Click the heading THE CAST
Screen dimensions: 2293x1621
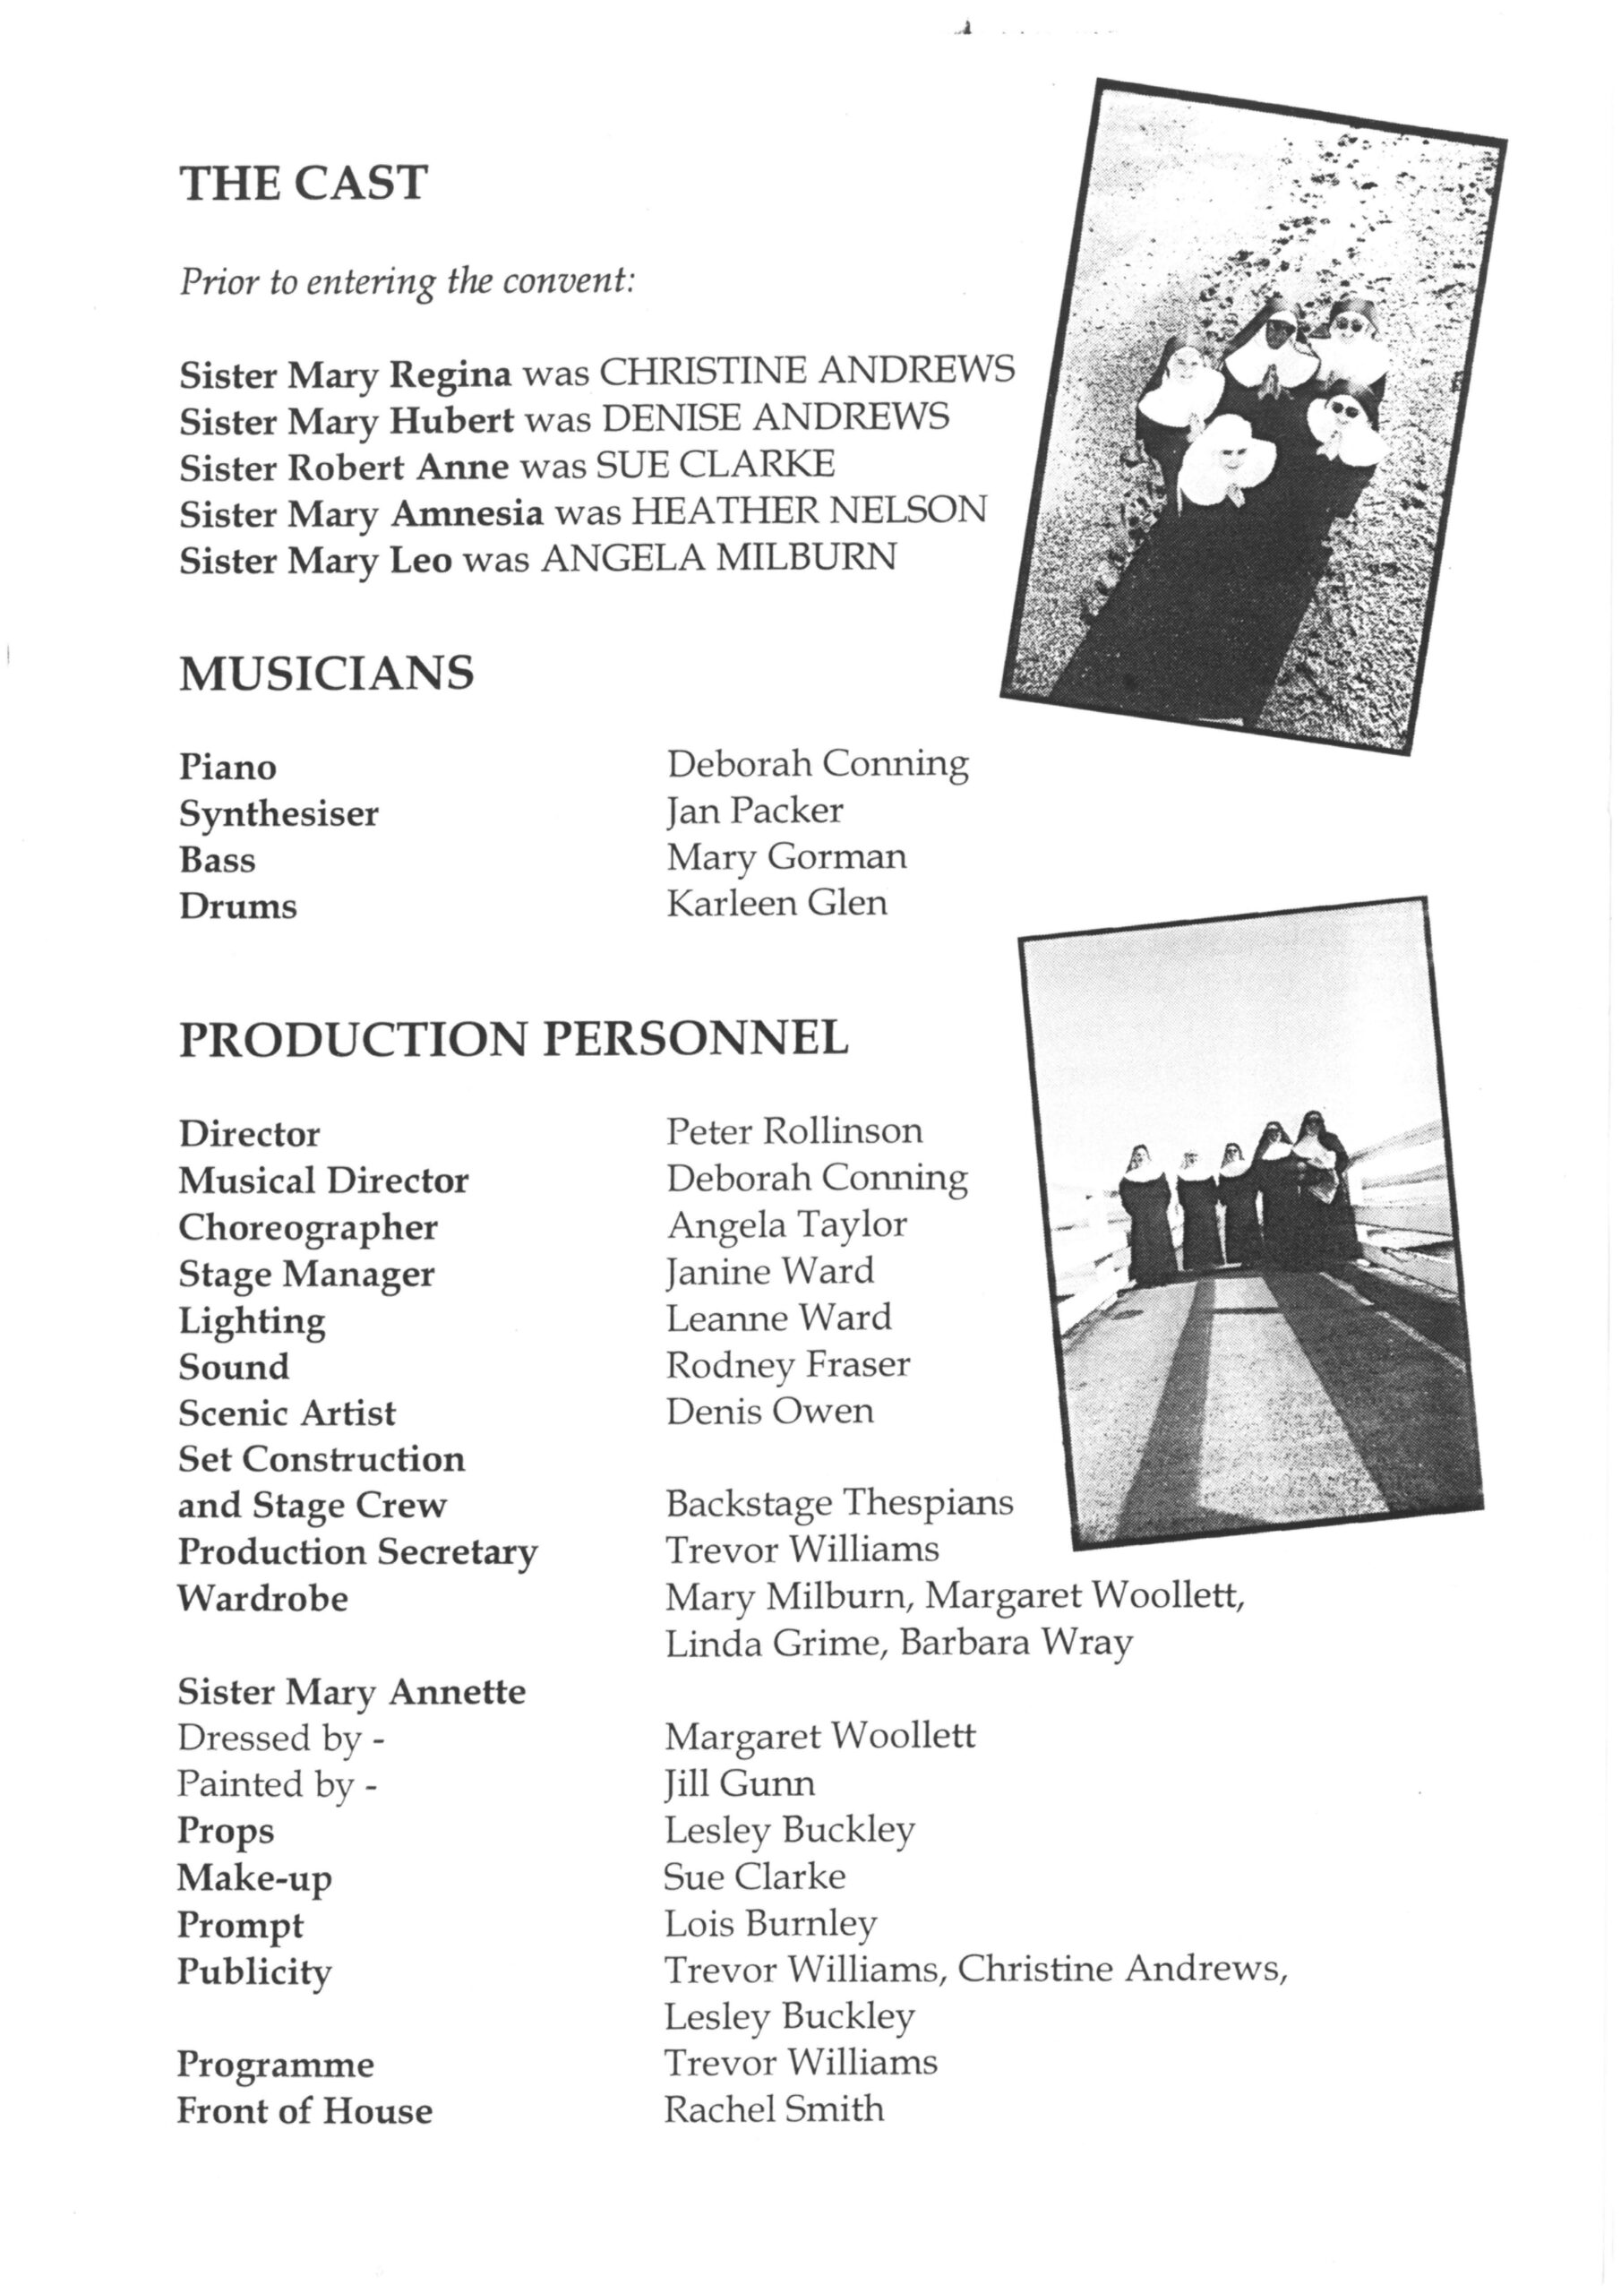tap(304, 184)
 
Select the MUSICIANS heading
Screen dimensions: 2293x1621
tap(327, 674)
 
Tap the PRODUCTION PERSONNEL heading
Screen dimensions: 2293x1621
tap(513, 1040)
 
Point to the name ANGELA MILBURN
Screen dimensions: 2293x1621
tap(718, 557)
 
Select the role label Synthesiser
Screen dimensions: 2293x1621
tap(279, 814)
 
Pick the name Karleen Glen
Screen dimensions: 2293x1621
tap(777, 903)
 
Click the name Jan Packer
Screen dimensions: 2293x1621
tap(755, 810)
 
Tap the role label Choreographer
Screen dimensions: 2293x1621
tap(307, 1227)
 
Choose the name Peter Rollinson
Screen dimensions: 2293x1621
tap(794, 1131)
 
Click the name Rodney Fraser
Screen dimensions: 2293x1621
tap(788, 1364)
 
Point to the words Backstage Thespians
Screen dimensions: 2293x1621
tap(839, 1503)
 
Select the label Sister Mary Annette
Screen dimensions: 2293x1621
tap(352, 1692)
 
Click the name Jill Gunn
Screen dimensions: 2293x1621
tap(739, 1783)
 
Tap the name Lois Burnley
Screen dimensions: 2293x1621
tap(770, 1922)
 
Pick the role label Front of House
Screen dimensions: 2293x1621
tap(304, 2110)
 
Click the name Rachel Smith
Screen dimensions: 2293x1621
tap(774, 2108)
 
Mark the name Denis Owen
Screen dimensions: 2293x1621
tap(770, 1411)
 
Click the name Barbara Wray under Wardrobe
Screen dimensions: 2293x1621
tap(1016, 1643)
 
